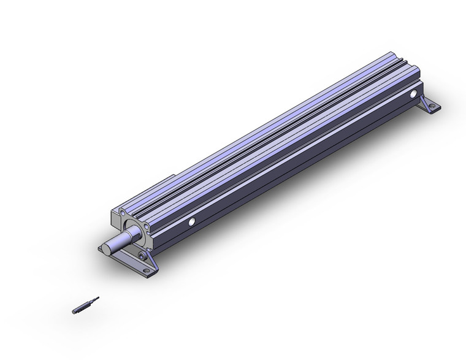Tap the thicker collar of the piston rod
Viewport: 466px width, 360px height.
coord(131,234)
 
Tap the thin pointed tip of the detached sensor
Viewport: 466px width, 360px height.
coord(96,299)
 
